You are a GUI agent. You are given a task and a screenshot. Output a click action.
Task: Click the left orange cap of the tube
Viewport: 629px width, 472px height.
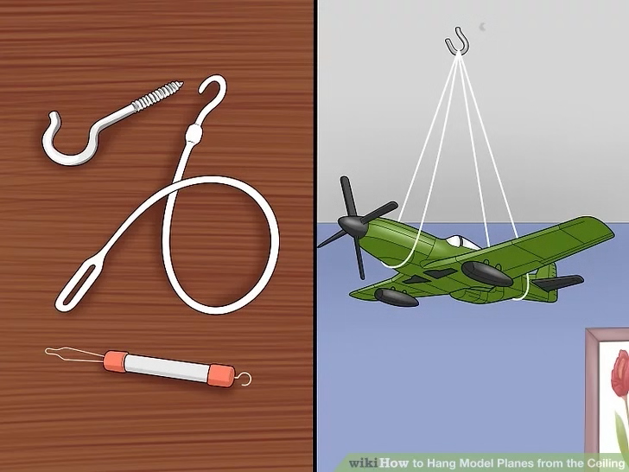116,361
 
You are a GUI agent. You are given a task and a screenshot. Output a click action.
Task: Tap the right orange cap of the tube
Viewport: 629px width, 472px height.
221,375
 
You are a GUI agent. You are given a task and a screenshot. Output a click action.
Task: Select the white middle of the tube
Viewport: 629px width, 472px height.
168,368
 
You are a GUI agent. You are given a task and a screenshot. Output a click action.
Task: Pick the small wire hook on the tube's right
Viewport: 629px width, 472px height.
244,379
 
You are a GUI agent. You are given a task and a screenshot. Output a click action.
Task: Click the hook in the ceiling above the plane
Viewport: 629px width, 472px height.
457,41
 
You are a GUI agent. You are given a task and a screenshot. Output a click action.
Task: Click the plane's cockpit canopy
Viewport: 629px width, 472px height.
461,242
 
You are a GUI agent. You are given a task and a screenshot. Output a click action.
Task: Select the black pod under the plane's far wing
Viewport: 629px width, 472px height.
487,273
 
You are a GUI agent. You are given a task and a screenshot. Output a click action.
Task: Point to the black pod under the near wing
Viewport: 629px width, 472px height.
397,297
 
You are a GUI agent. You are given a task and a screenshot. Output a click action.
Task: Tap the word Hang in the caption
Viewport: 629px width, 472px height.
440,463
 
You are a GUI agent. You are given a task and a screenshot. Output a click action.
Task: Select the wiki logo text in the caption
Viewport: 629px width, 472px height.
363,462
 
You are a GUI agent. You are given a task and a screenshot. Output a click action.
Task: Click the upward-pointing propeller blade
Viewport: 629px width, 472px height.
347,197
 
